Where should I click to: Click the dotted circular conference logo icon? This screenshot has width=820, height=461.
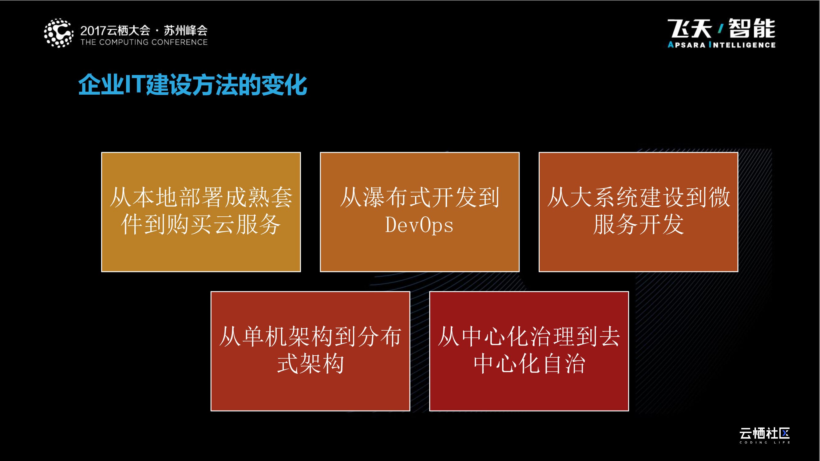pos(58,33)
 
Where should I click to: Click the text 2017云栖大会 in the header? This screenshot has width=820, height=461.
pos(115,30)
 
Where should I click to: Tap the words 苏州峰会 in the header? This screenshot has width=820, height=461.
pos(186,30)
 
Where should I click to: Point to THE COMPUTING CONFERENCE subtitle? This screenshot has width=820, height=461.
pos(144,42)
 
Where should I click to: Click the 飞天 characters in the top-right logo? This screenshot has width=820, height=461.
pos(690,29)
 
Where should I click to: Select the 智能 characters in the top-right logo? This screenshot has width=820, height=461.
pos(752,29)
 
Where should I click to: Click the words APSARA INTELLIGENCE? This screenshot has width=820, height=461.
pos(721,45)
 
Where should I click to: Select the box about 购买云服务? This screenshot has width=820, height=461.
pos(201,212)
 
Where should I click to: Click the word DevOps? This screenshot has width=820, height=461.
pos(419,226)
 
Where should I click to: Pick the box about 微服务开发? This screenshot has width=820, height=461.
pos(638,212)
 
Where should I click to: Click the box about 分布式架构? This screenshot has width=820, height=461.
pos(310,351)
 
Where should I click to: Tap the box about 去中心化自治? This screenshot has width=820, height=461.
pos(529,351)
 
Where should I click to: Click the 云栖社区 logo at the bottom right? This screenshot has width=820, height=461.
pos(764,433)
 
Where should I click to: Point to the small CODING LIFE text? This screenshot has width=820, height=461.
pos(764,442)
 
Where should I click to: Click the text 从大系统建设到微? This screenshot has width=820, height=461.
pos(638,198)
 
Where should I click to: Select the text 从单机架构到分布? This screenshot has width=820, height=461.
pos(310,337)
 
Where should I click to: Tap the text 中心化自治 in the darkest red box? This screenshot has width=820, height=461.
pos(529,364)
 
